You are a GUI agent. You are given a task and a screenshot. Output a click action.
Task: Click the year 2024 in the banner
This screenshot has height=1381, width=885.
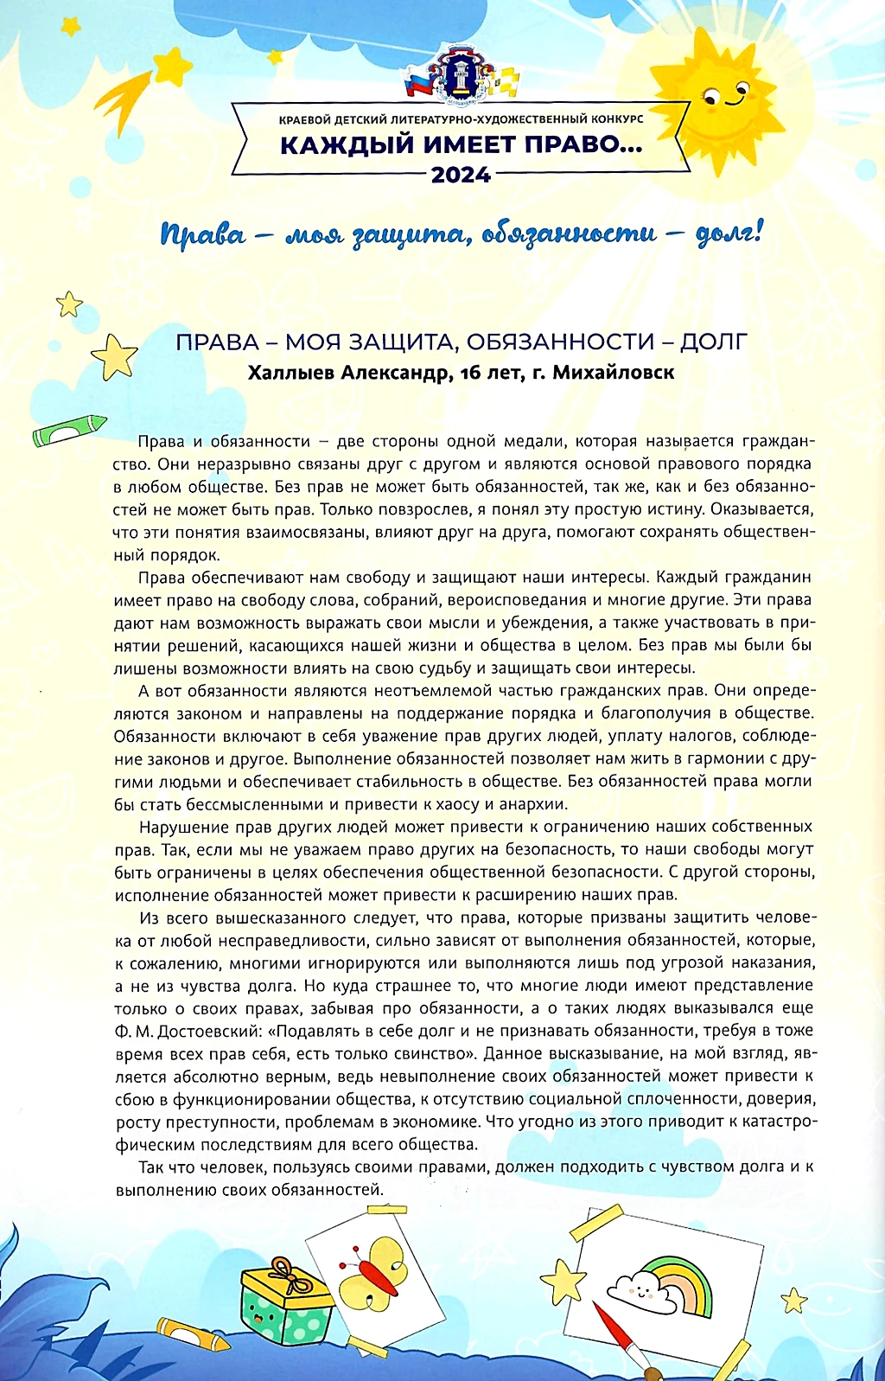tap(461, 176)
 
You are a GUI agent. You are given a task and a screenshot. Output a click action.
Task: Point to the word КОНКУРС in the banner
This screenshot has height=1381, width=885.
tap(614, 118)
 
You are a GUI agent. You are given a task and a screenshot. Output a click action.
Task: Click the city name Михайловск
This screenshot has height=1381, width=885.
tap(613, 373)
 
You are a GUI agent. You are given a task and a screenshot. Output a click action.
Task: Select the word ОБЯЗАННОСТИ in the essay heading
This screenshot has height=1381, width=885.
tap(557, 342)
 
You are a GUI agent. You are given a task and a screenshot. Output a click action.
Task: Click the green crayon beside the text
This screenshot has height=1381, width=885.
tap(69, 430)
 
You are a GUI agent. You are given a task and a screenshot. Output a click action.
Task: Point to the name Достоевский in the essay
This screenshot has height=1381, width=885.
tap(205, 1031)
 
